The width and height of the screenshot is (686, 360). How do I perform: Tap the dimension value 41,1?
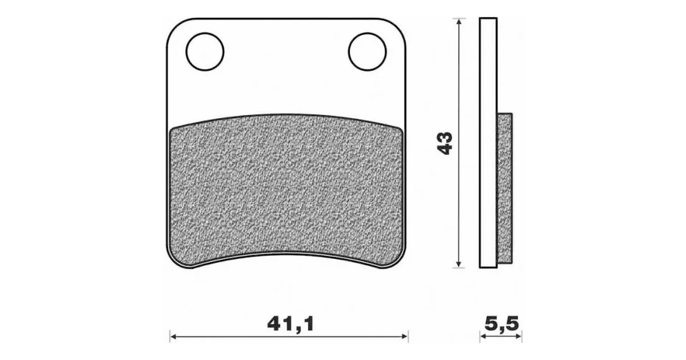(x=291, y=324)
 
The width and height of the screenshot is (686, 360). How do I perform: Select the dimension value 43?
(x=446, y=143)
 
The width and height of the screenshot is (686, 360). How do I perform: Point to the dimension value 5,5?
(x=502, y=324)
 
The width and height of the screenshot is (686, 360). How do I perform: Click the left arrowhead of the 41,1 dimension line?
(x=173, y=337)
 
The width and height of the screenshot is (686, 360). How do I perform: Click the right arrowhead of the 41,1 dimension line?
(x=405, y=337)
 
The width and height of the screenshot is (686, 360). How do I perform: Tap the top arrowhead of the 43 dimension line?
(x=458, y=22)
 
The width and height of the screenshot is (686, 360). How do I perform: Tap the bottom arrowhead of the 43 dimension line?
(x=458, y=263)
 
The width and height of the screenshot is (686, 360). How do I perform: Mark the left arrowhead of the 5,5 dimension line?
(x=483, y=337)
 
